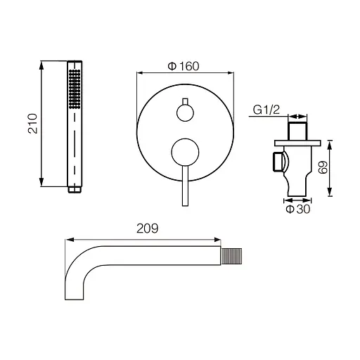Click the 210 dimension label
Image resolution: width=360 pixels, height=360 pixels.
click(x=33, y=124)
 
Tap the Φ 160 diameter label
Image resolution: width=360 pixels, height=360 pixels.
click(x=184, y=66)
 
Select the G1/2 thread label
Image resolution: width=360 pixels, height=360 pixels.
click(x=266, y=110)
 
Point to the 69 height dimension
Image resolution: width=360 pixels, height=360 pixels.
click(x=323, y=167)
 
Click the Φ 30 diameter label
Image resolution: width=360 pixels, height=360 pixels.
click(x=298, y=209)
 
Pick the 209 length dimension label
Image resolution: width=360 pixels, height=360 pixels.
click(x=148, y=229)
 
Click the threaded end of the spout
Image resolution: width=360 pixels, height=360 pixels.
click(x=231, y=256)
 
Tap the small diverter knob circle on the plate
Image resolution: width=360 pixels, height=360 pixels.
click(x=185, y=112)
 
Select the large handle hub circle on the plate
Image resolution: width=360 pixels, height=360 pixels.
click(x=185, y=152)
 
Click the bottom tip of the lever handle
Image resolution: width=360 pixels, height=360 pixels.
click(x=185, y=206)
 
